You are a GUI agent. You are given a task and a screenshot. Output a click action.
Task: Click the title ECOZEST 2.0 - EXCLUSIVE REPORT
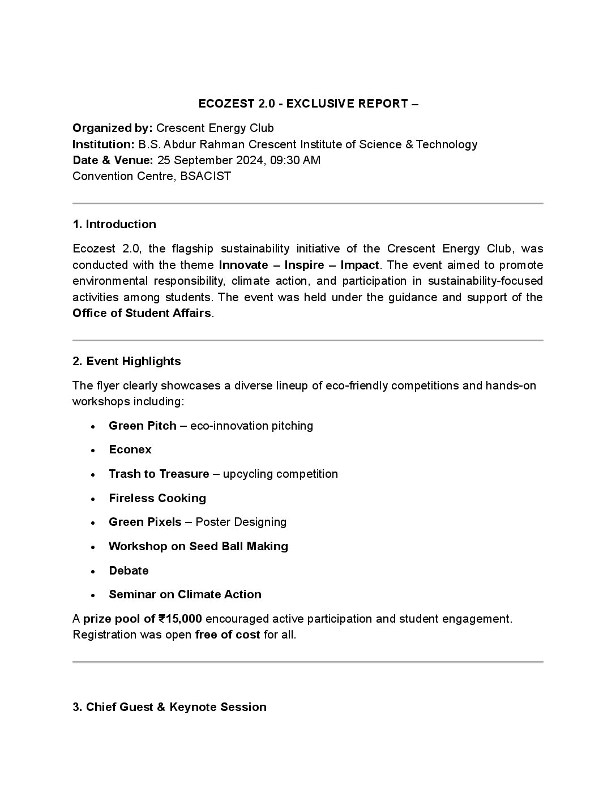click(308, 104)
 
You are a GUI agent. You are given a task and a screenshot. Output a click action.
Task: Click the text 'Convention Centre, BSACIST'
click(152, 176)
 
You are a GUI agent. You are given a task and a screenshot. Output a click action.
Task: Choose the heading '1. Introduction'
click(114, 224)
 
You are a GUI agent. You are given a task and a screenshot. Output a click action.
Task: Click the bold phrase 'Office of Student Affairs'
click(142, 313)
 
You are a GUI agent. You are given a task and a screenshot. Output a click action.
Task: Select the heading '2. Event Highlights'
click(127, 361)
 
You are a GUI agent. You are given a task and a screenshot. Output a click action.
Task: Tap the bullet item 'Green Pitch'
click(143, 426)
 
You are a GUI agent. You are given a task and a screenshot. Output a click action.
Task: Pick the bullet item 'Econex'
click(130, 449)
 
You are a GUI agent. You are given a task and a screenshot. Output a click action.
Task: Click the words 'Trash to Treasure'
click(159, 474)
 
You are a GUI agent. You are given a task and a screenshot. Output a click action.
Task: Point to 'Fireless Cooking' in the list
click(157, 498)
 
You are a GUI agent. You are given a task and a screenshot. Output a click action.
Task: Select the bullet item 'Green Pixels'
click(145, 522)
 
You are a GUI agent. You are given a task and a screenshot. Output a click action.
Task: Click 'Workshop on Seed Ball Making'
click(198, 546)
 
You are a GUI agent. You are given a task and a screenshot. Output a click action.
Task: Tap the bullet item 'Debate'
click(129, 571)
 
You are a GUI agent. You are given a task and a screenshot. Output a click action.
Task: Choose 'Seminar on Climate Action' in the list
click(185, 594)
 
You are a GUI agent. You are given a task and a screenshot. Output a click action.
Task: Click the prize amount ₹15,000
click(180, 619)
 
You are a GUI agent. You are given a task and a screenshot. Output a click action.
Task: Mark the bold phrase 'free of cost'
click(228, 635)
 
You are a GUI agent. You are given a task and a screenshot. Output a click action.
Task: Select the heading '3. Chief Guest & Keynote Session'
click(169, 707)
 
